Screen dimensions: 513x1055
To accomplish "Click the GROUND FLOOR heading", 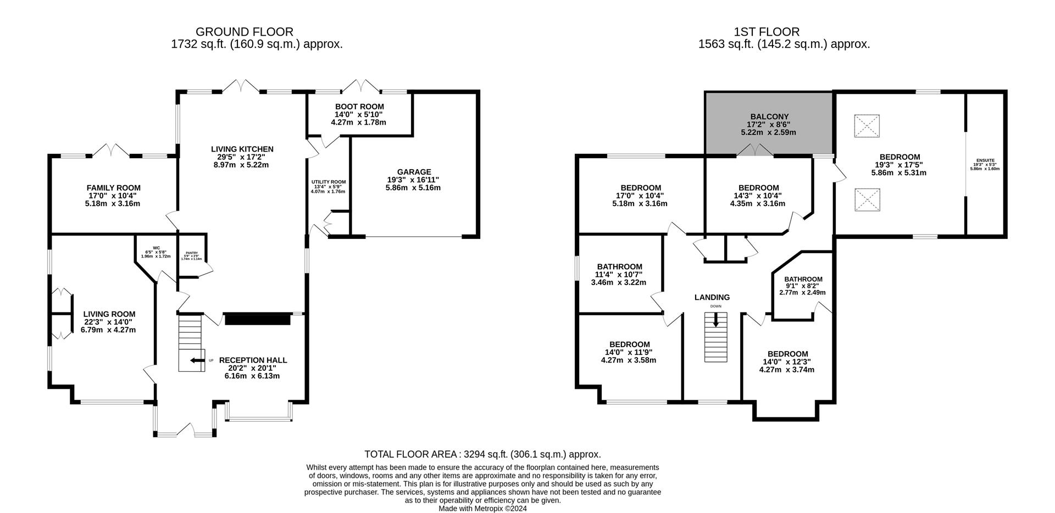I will (244, 32).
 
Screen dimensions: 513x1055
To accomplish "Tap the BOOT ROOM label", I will (359, 107).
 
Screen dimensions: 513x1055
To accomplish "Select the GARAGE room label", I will (414, 172).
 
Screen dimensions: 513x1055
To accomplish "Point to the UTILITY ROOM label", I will (329, 182).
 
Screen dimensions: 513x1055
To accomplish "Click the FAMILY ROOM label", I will (113, 188).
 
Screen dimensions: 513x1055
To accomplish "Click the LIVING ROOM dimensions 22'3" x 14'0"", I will (108, 322).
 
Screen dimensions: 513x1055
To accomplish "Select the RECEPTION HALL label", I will (253, 360).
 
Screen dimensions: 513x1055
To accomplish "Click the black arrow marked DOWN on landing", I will (715, 320).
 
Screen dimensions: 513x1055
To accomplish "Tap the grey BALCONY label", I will (769, 117).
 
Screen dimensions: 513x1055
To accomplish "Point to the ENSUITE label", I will (985, 160).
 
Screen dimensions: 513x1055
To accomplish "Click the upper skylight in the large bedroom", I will (867, 126).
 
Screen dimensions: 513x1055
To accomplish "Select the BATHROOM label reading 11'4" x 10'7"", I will (619, 267).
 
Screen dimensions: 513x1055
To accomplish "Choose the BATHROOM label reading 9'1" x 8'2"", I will (803, 279).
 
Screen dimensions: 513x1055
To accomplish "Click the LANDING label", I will (712, 297).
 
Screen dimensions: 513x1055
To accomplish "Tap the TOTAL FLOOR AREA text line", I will (482, 454).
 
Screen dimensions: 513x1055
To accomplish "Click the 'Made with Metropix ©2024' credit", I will (482, 509).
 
